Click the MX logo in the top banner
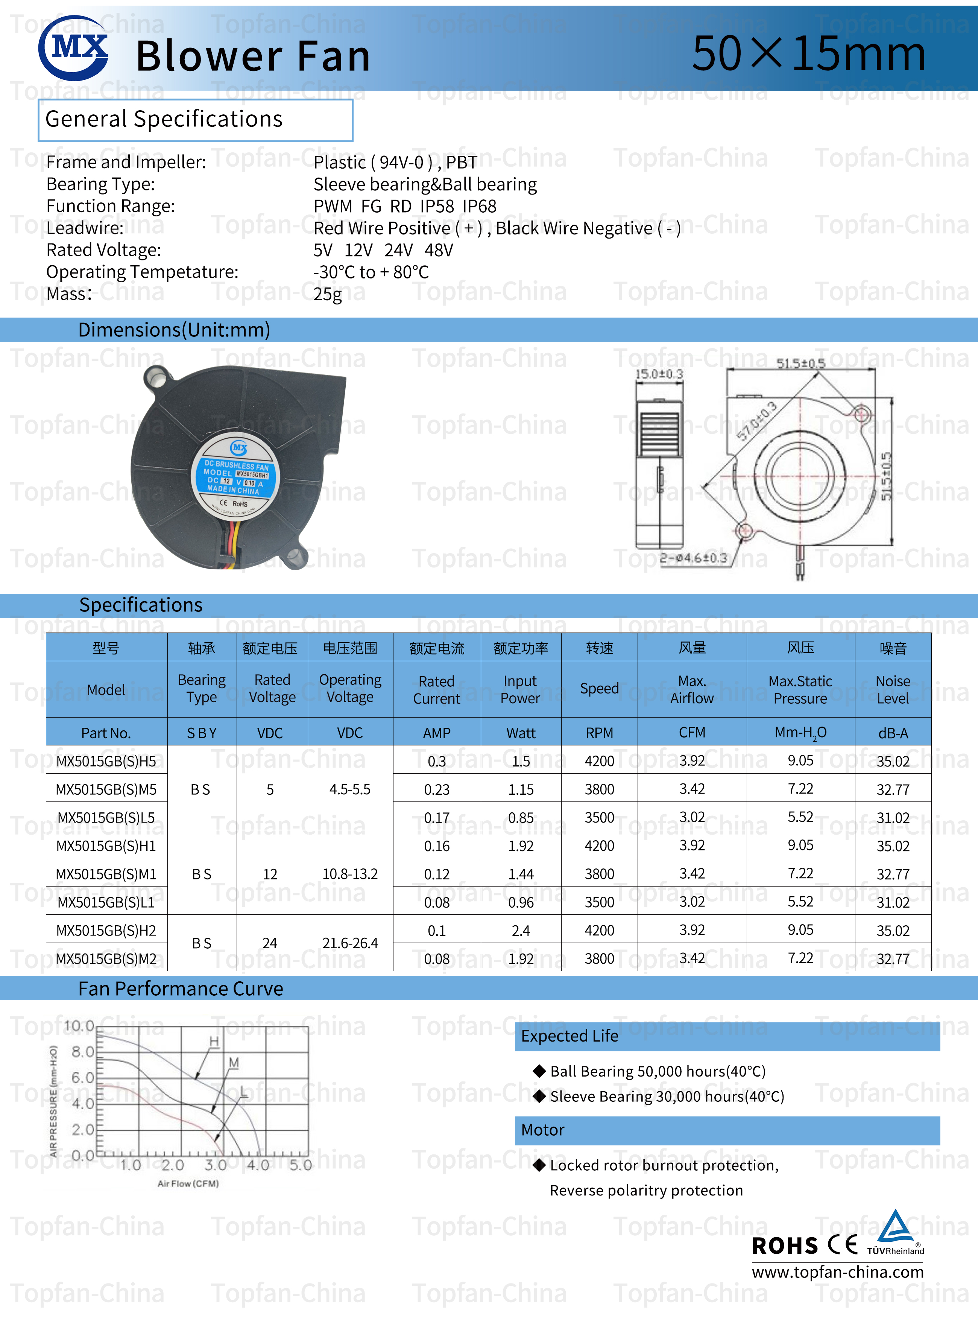tap(73, 48)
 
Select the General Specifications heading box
tap(195, 120)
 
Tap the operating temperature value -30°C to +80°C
tap(371, 272)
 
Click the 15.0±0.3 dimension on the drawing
tap(659, 374)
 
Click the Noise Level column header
tap(892, 689)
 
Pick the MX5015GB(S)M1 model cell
tap(106, 874)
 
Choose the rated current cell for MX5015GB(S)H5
tap(437, 761)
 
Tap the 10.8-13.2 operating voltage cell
tap(350, 874)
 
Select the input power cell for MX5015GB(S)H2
tap(521, 930)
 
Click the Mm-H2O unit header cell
tap(800, 733)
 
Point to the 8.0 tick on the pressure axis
tap(83, 1052)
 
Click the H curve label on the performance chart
tap(214, 1041)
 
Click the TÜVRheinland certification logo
tap(895, 1233)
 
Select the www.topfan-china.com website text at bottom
tap(837, 1272)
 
